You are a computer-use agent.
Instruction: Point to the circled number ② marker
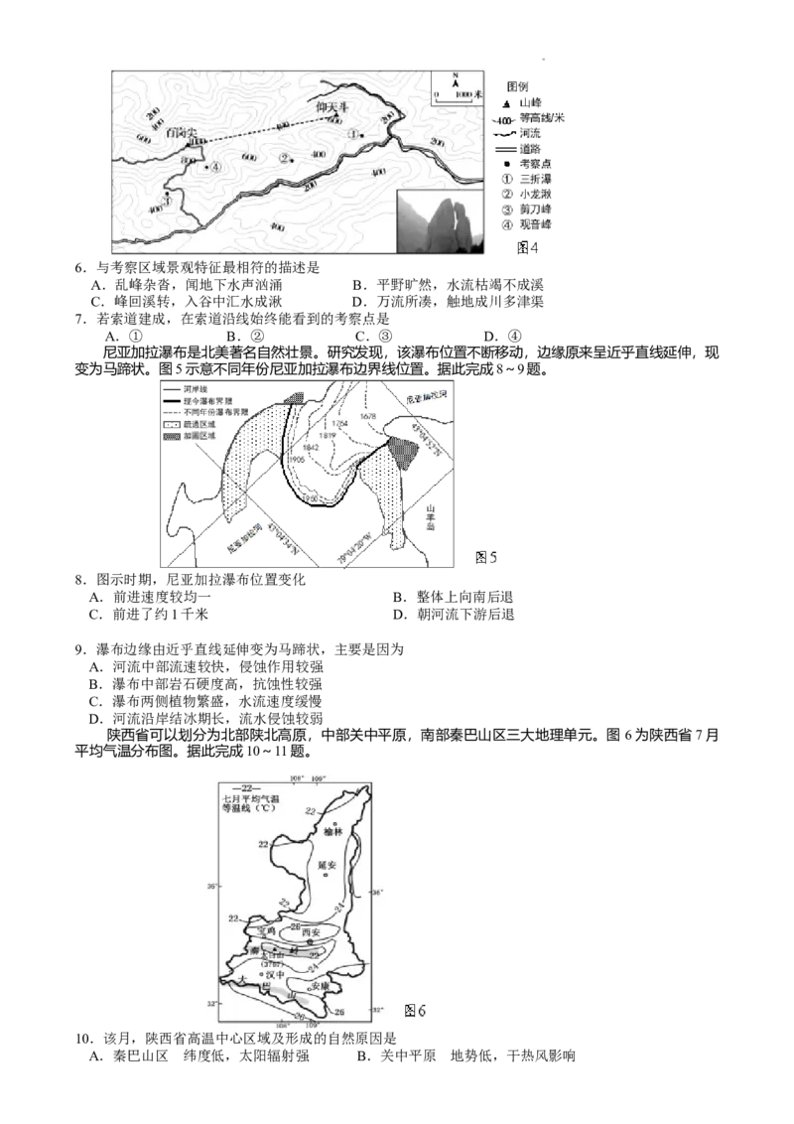[284, 157]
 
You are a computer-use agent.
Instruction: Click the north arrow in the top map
[455, 81]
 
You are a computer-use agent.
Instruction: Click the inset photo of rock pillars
[440, 222]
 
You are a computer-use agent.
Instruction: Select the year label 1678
[368, 417]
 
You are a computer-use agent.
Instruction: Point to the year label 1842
[311, 448]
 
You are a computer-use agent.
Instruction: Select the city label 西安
[310, 932]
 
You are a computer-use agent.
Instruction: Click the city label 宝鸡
[265, 930]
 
